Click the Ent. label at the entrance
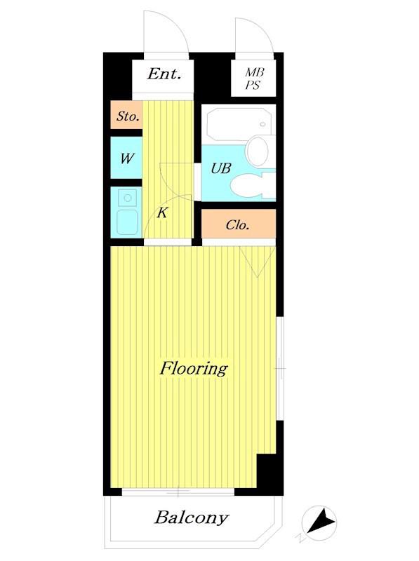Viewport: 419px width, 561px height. (x=164, y=74)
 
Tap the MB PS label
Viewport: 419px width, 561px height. (x=254, y=79)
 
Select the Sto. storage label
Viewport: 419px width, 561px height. (x=128, y=116)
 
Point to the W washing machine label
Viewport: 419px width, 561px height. (x=127, y=158)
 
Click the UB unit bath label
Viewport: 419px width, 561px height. (x=221, y=168)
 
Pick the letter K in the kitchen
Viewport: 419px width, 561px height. (x=162, y=213)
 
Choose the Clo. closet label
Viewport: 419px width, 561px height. (x=237, y=224)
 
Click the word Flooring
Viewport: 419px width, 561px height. (x=194, y=369)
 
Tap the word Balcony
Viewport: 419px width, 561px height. (x=192, y=518)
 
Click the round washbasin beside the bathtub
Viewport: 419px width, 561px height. (x=258, y=151)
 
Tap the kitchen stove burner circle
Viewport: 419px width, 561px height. (x=127, y=198)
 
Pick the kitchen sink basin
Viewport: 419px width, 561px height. (x=127, y=222)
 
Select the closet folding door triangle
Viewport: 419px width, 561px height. (x=257, y=261)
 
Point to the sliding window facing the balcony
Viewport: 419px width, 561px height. (x=178, y=492)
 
